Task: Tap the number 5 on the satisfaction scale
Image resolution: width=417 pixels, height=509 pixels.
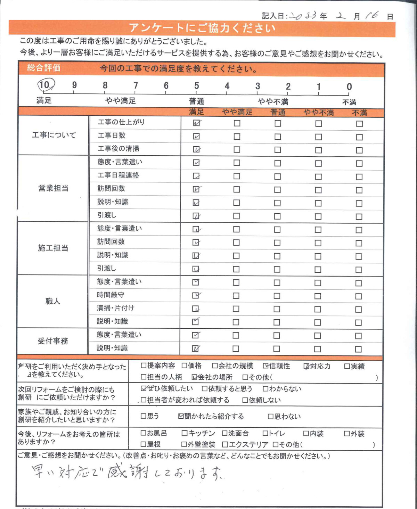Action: (197, 86)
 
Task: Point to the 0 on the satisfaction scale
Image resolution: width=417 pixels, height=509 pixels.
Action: (349, 87)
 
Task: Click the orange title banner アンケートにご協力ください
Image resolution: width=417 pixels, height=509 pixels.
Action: (202, 28)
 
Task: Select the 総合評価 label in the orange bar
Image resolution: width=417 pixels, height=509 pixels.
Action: (44, 68)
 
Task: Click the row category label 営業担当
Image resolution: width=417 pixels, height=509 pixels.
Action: (53, 188)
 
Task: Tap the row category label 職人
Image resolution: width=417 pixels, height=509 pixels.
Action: (53, 301)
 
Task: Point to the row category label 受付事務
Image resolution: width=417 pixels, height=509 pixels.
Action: (53, 341)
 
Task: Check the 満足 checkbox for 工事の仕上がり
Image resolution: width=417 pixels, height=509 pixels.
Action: (196, 123)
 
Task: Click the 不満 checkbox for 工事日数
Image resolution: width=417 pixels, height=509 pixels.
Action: (359, 137)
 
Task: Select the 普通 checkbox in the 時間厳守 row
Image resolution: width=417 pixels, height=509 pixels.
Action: (277, 296)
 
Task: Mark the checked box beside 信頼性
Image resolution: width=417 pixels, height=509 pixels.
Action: (266, 366)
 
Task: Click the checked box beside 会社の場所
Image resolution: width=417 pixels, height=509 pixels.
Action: (195, 377)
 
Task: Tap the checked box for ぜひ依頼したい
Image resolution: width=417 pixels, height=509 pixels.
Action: (144, 388)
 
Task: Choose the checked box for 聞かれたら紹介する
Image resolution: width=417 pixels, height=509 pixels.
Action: (181, 416)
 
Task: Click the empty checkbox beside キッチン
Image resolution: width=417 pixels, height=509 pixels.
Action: (185, 433)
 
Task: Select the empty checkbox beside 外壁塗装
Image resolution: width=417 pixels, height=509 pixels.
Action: (184, 444)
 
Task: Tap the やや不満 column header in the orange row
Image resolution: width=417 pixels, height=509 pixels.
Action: (318, 113)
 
